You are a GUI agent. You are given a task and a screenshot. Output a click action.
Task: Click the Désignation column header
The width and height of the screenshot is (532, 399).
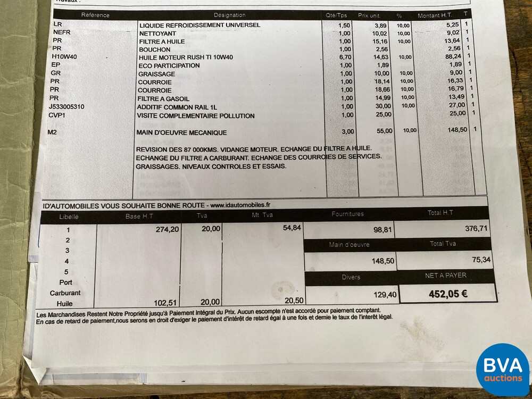pyautogui.click(x=229, y=15)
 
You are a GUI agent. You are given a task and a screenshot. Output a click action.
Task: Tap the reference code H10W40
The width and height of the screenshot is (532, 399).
pyautogui.click(x=63, y=57)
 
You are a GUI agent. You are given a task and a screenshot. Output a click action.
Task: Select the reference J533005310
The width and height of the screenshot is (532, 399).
pyautogui.click(x=73, y=106)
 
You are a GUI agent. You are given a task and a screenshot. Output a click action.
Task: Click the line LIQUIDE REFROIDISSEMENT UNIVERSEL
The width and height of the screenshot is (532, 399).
pyautogui.click(x=199, y=25)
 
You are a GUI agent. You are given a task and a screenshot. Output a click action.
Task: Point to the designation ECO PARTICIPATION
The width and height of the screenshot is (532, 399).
pyautogui.click(x=169, y=65)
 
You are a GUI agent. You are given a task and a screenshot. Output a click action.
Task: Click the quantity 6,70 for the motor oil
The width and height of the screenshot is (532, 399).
pyautogui.click(x=345, y=57)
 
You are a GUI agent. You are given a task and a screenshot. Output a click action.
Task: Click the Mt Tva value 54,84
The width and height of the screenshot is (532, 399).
pyautogui.click(x=292, y=227)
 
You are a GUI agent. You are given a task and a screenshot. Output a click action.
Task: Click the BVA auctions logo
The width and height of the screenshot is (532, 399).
pyautogui.click(x=502, y=369)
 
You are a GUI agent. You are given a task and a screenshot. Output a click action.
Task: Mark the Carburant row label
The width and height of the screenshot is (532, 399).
pyautogui.click(x=65, y=293)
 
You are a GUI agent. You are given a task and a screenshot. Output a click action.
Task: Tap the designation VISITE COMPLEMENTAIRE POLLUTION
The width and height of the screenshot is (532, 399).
pyautogui.click(x=196, y=115)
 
